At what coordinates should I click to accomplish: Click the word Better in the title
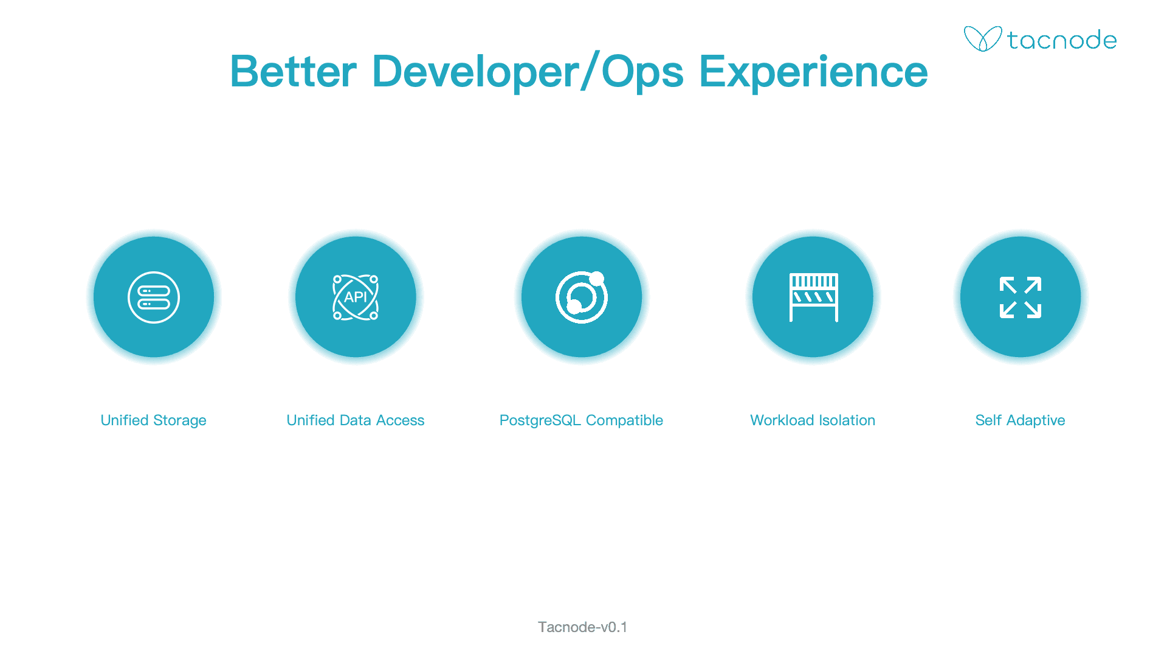(294, 72)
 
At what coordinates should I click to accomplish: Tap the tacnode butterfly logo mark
(983, 39)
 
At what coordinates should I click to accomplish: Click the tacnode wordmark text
(1062, 40)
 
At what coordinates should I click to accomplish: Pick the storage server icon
(154, 297)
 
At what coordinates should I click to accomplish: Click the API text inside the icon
(356, 297)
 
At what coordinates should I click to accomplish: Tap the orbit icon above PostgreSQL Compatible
(582, 297)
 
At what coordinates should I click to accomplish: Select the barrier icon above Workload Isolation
(813, 297)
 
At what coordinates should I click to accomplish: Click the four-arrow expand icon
(1021, 297)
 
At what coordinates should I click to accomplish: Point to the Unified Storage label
(153, 420)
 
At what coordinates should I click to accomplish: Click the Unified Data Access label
(356, 420)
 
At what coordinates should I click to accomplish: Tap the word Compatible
(624, 421)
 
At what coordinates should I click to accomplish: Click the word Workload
(782, 420)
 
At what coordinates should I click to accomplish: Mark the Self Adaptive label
(1021, 420)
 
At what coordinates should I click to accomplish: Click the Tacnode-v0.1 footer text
(582, 627)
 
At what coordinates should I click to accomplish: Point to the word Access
(400, 420)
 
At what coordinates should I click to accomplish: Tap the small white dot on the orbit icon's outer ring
(597, 279)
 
